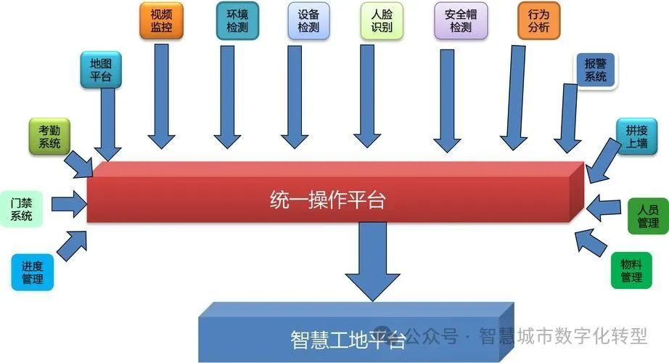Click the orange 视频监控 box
click(161, 20)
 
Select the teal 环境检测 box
click(237, 20)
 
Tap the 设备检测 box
click(308, 20)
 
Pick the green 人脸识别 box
click(381, 20)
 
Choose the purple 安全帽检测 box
click(461, 20)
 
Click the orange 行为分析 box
click(539, 20)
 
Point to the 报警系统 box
click(595, 70)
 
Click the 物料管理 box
click(631, 270)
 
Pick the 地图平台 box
click(101, 70)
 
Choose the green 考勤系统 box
click(49, 136)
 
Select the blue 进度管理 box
click(33, 272)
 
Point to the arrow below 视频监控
click(161, 94)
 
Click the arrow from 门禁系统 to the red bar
click(69, 203)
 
